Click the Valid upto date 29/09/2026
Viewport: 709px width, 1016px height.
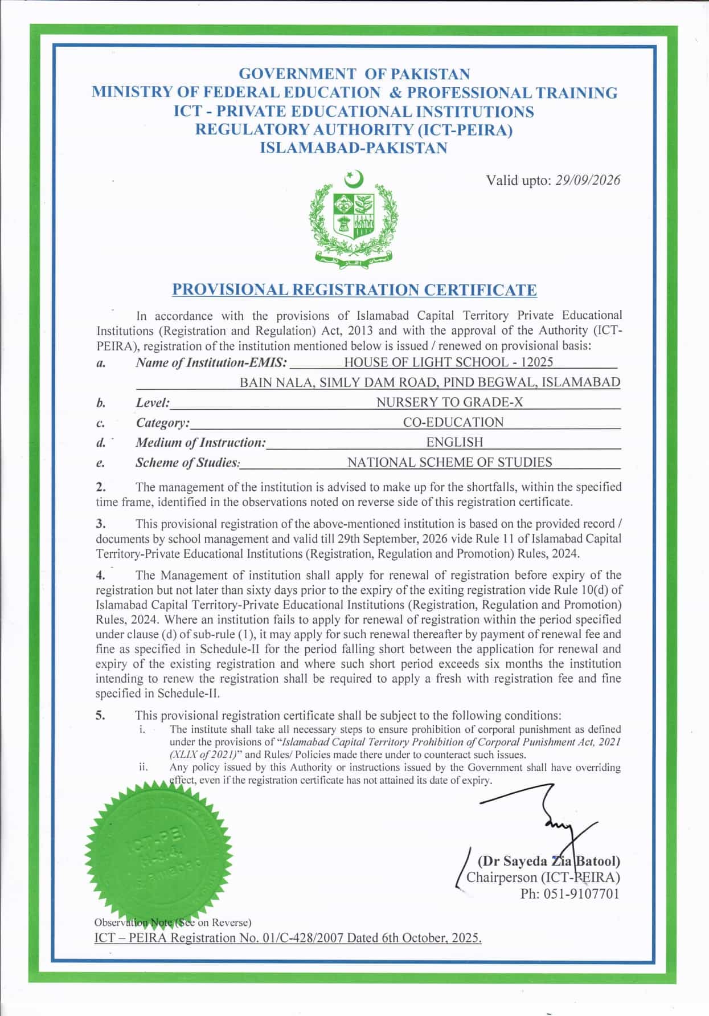pyautogui.click(x=587, y=181)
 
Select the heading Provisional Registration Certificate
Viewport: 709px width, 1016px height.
pyautogui.click(x=354, y=289)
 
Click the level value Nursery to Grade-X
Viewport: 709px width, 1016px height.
pyautogui.click(x=449, y=402)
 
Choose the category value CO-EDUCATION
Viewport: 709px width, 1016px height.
pyautogui.click(x=453, y=422)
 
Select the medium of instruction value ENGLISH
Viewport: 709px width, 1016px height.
pyautogui.click(x=454, y=442)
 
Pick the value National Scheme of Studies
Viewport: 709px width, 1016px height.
pyautogui.click(x=449, y=462)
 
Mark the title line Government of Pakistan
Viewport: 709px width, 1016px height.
pyautogui.click(x=354, y=74)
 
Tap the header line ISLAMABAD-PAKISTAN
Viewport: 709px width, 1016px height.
pyautogui.click(x=354, y=148)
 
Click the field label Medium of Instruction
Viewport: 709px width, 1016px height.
pyautogui.click(x=200, y=442)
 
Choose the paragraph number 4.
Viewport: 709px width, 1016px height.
pyautogui.click(x=100, y=576)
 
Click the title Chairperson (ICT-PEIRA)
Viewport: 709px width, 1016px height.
pyautogui.click(x=543, y=878)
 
